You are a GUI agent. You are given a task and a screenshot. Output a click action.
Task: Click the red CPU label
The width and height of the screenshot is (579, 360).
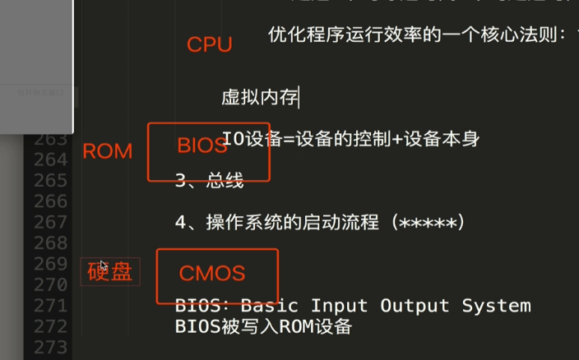tap(209, 44)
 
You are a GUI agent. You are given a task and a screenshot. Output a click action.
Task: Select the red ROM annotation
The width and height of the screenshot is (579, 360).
tap(107, 151)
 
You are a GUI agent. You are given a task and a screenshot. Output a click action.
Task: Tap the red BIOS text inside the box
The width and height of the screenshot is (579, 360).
tap(201, 146)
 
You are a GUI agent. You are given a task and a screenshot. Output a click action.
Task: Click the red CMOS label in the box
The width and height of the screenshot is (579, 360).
tap(211, 273)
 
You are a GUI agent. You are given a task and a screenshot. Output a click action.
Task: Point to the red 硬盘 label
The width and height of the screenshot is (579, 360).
tap(110, 272)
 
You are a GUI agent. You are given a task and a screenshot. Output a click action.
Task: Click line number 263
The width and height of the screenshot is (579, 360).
tap(51, 138)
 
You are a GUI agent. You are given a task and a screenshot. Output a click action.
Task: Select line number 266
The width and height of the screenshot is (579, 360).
tap(51, 201)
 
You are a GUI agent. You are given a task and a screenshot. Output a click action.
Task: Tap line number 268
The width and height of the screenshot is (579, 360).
tap(51, 243)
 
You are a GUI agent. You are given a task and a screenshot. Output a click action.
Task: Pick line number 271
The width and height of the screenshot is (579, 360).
tap(51, 306)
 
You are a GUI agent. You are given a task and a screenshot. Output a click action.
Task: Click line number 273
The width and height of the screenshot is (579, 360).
tap(51, 347)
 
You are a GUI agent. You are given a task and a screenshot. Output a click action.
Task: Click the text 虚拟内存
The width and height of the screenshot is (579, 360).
tap(259, 99)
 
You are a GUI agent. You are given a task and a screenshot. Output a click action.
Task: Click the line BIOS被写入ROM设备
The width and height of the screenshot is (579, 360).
tap(263, 326)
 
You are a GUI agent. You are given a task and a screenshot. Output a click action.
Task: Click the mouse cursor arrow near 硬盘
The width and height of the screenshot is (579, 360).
tap(103, 266)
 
